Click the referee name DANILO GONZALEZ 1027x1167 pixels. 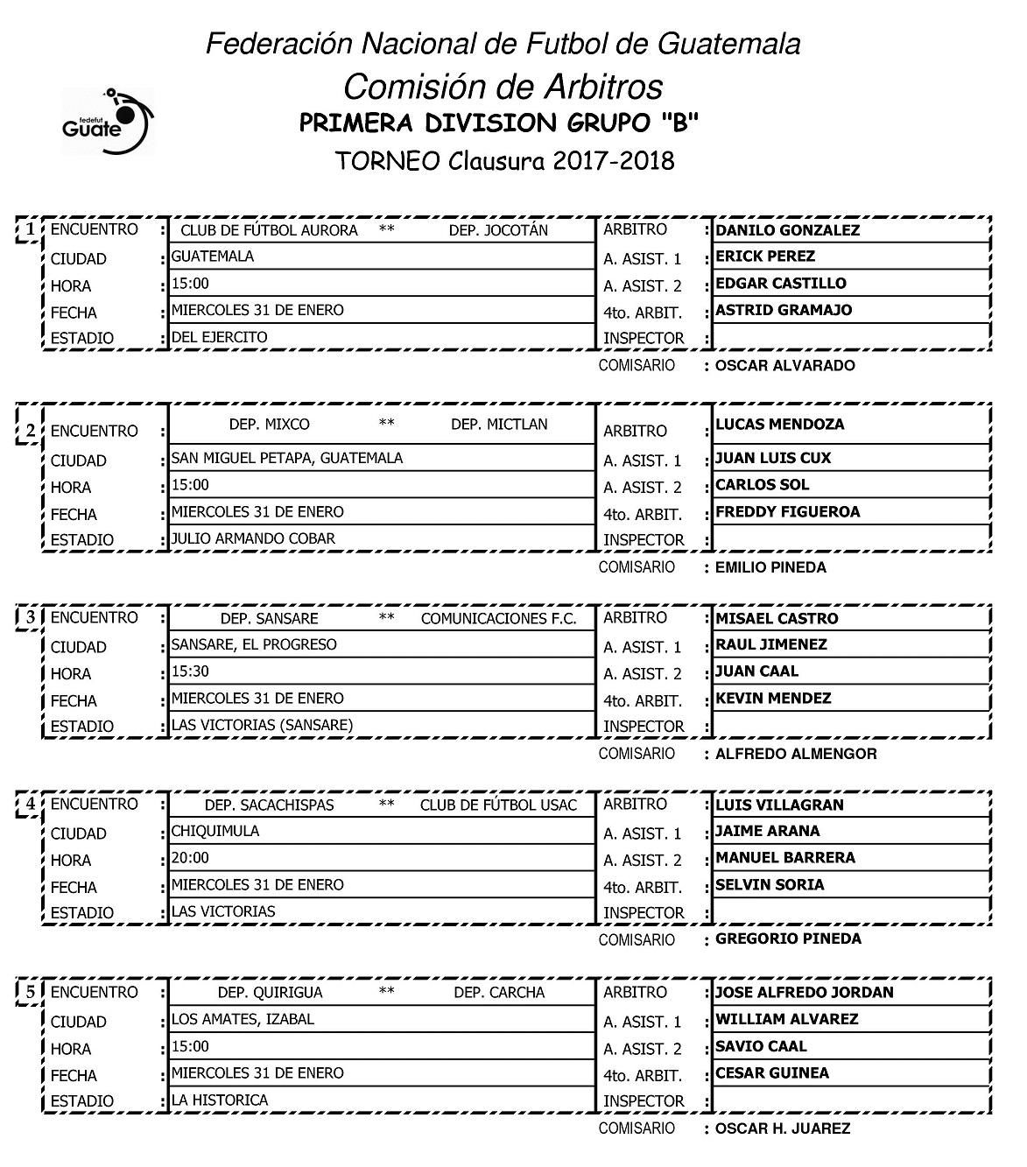click(x=787, y=230)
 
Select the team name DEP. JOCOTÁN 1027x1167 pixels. click(x=498, y=230)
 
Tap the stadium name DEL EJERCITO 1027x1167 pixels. click(x=220, y=337)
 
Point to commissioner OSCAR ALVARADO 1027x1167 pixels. click(x=784, y=365)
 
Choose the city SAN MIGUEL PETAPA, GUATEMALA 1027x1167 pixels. click(x=287, y=458)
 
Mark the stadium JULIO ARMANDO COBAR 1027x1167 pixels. click(x=253, y=538)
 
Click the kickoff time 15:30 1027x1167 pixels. click(x=191, y=671)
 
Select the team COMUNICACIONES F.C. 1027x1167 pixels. click(x=499, y=619)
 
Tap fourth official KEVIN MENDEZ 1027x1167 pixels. click(x=773, y=699)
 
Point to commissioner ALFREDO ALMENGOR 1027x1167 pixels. click(x=796, y=754)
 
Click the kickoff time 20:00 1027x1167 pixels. click(x=191, y=858)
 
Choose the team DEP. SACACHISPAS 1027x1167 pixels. click(x=270, y=805)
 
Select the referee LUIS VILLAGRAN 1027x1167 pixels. click(x=779, y=805)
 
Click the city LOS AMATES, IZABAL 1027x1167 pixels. click(x=243, y=1019)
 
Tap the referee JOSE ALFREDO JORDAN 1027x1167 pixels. click(x=804, y=993)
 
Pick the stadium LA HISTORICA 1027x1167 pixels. click(x=220, y=1100)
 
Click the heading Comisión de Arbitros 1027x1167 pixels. click(x=503, y=87)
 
